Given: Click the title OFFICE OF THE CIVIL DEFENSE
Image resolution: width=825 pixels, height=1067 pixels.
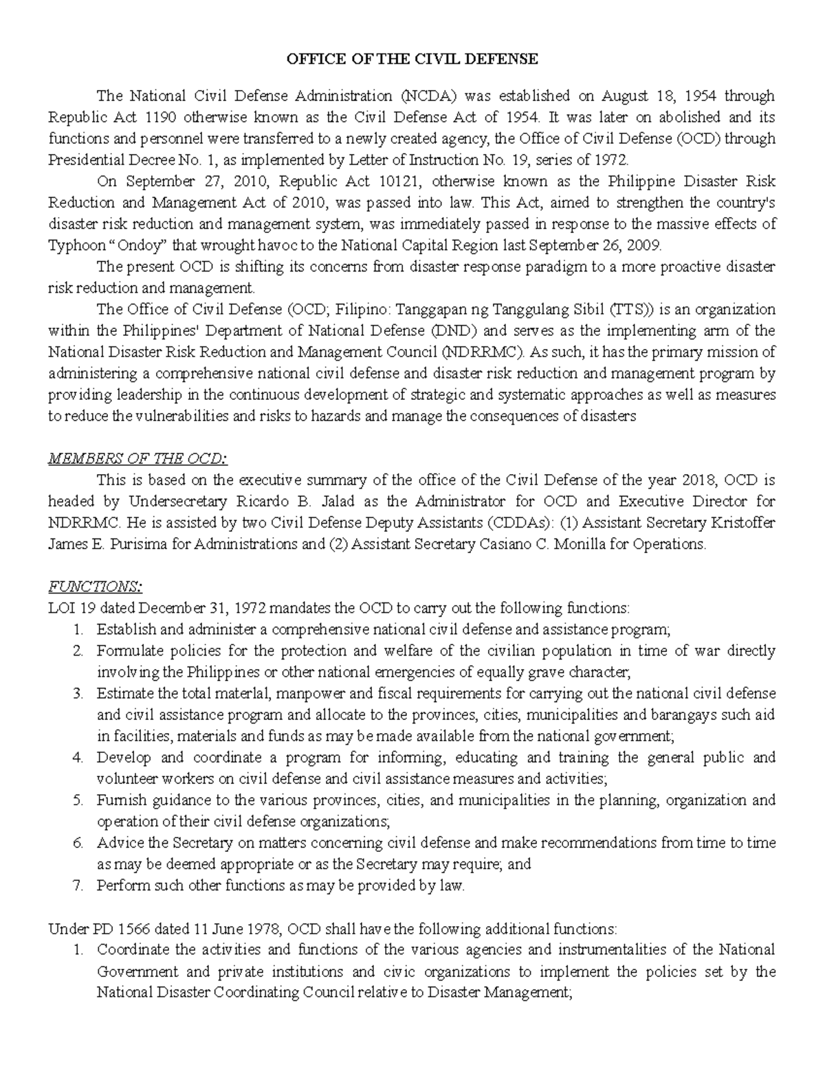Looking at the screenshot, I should click(x=412, y=59).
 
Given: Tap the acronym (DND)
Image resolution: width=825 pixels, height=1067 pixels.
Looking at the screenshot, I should click(x=454, y=330).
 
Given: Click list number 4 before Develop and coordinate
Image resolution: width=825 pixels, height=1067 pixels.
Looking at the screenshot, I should click(x=78, y=758).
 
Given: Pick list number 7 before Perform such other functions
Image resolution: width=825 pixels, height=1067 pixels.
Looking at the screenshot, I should click(x=78, y=886).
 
